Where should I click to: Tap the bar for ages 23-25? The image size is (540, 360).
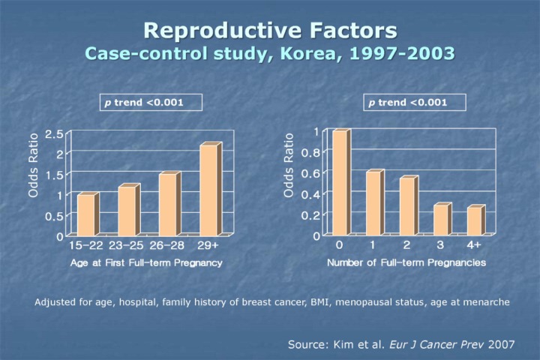point(127,210)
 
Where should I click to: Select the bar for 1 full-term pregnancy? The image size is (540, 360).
point(373,202)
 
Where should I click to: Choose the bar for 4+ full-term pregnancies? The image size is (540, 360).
point(474,220)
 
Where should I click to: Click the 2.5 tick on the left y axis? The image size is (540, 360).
point(54,134)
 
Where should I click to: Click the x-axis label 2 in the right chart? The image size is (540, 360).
point(406,245)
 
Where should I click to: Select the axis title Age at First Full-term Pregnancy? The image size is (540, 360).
point(146,262)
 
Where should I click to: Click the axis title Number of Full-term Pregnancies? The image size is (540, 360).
point(406,262)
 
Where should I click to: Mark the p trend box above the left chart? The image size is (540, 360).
point(151,102)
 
